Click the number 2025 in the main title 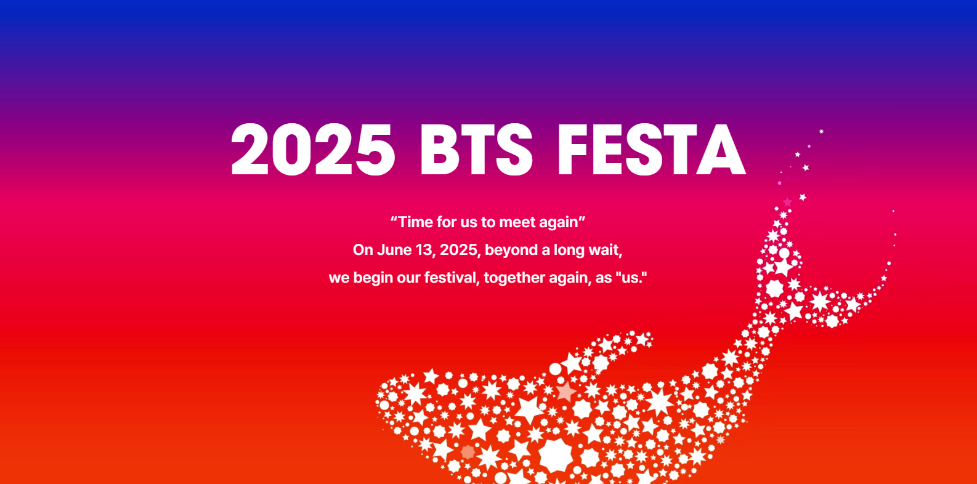(x=313, y=150)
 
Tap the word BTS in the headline (x=476, y=150)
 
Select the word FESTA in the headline (x=651, y=150)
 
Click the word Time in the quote (x=416, y=222)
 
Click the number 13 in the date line (x=425, y=250)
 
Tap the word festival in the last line (x=452, y=277)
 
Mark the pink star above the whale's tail (x=787, y=202)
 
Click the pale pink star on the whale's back (x=566, y=392)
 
